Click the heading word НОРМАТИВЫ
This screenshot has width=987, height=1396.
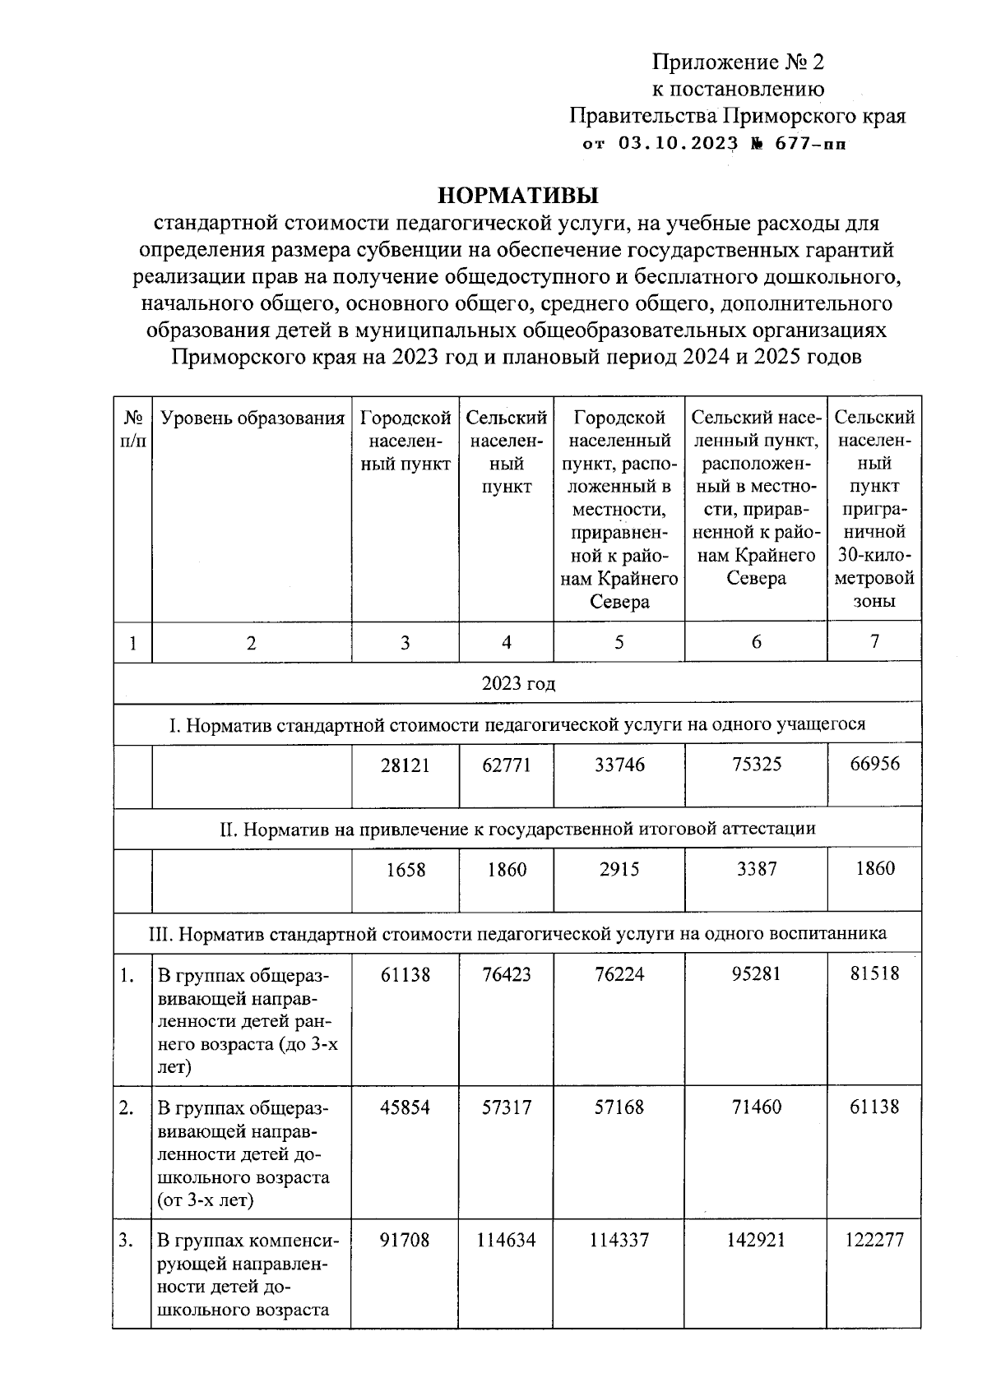(517, 196)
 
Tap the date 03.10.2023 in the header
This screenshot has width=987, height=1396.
(678, 144)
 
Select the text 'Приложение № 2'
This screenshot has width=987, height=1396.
(737, 62)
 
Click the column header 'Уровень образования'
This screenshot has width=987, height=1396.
(252, 418)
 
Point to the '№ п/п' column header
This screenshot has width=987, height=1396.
(132, 429)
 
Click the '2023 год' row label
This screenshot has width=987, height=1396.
(517, 683)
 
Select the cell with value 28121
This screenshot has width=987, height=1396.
(405, 765)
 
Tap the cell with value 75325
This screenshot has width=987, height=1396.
(756, 765)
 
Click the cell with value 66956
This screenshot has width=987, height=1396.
(874, 765)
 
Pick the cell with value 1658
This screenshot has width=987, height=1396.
(405, 870)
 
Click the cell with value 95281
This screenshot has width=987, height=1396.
(756, 974)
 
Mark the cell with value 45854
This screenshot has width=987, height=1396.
(405, 1107)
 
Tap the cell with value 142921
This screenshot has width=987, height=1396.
(756, 1240)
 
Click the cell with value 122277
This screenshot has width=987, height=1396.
(874, 1240)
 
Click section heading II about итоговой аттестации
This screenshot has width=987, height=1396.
(517, 829)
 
